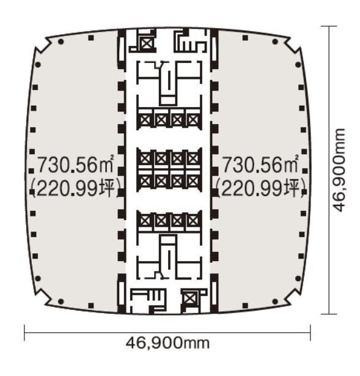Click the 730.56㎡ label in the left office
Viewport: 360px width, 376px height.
pyautogui.click(x=76, y=164)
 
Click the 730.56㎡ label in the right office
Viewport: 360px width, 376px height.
pyautogui.click(x=260, y=164)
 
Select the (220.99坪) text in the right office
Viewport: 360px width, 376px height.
pyautogui.click(x=261, y=188)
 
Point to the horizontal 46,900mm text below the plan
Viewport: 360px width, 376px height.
pyautogui.click(x=167, y=343)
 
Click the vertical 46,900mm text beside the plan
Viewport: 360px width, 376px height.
pyautogui.click(x=339, y=170)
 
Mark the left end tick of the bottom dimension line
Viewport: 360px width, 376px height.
pyautogui.click(x=24, y=333)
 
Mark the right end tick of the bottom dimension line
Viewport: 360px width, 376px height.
pyautogui.click(x=310, y=333)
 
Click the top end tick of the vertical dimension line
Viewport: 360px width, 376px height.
pyautogui.click(x=329, y=26)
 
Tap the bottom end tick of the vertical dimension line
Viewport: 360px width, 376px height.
pyautogui.click(x=329, y=314)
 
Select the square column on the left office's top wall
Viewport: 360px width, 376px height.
pyautogui.click(x=91, y=38)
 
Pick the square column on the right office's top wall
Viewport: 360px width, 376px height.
pyautogui.click(x=245, y=38)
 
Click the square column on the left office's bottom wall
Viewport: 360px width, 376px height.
pyautogui.click(x=91, y=306)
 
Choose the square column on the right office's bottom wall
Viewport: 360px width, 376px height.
pyautogui.click(x=245, y=306)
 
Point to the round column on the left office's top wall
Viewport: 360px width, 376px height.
pyautogui.click(x=61, y=42)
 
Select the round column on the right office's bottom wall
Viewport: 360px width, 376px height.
pyautogui.click(x=275, y=301)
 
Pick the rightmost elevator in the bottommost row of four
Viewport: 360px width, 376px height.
pyautogui.click(x=193, y=221)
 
